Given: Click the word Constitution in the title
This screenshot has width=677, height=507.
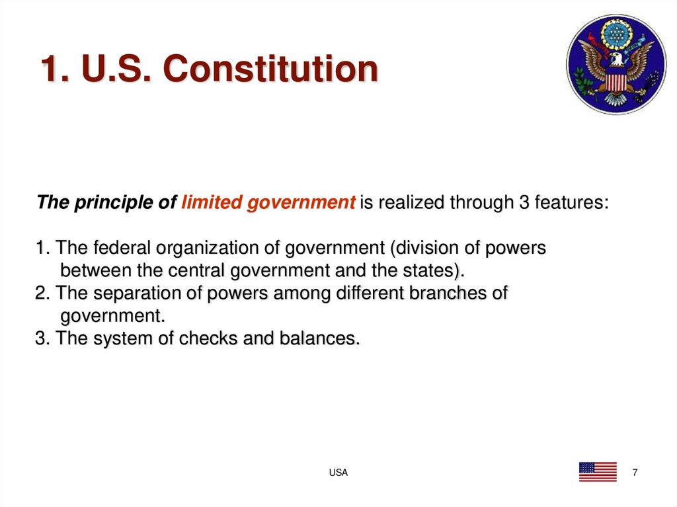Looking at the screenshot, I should pyautogui.click(x=272, y=69).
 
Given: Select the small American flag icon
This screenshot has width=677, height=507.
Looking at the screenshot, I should pyautogui.click(x=597, y=472).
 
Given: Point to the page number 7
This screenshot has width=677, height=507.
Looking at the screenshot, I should pyautogui.click(x=635, y=472).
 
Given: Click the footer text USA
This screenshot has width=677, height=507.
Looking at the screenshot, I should pyautogui.click(x=338, y=473).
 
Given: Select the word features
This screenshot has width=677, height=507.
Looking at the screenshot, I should pyautogui.click(x=571, y=202).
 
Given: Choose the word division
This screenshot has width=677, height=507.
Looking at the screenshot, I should pyautogui.click(x=426, y=249).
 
